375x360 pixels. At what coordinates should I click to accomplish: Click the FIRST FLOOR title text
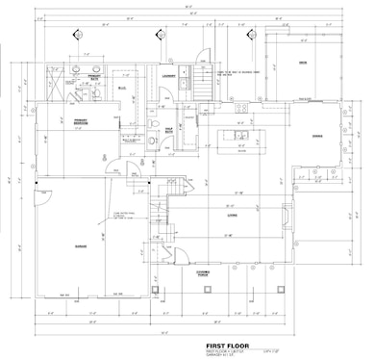click(x=229, y=344)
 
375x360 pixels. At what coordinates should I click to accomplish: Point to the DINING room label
click(x=316, y=136)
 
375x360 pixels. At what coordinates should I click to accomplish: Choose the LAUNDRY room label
click(x=166, y=76)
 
